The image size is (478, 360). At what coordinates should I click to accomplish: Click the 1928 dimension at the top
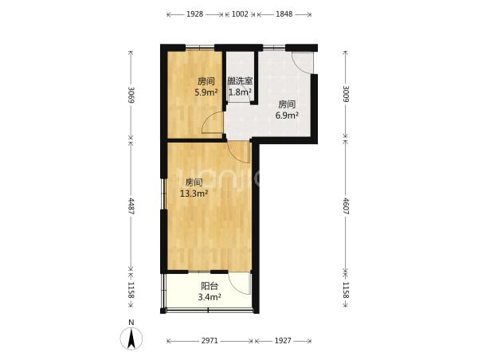coord(195,14)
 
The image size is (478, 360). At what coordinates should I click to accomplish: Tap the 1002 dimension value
coord(241,14)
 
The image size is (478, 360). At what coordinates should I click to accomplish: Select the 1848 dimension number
coord(284,14)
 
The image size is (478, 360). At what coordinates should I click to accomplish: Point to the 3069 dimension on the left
coord(131,95)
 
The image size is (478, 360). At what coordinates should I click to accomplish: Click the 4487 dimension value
coord(131,206)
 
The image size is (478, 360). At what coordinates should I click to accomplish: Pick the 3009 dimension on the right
coord(346,94)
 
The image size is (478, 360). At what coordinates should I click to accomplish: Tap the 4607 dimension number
coord(346,206)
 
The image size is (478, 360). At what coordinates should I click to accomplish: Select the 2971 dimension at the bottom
coord(210,341)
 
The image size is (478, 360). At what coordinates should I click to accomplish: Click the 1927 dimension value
coord(283,341)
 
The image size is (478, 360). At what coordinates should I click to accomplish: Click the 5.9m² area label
coord(206,92)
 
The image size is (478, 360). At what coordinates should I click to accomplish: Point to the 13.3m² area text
coord(194,194)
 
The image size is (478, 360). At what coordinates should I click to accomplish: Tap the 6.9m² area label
coord(287,115)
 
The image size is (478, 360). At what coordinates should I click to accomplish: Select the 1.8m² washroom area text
coord(241,92)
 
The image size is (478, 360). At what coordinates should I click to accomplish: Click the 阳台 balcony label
coord(210,286)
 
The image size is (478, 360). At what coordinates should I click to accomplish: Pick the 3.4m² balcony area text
coord(210,296)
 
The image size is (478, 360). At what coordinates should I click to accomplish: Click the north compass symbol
coord(131,339)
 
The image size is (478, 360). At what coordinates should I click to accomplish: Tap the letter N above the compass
coord(131,323)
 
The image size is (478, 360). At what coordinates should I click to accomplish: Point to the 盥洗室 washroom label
coord(241,81)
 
